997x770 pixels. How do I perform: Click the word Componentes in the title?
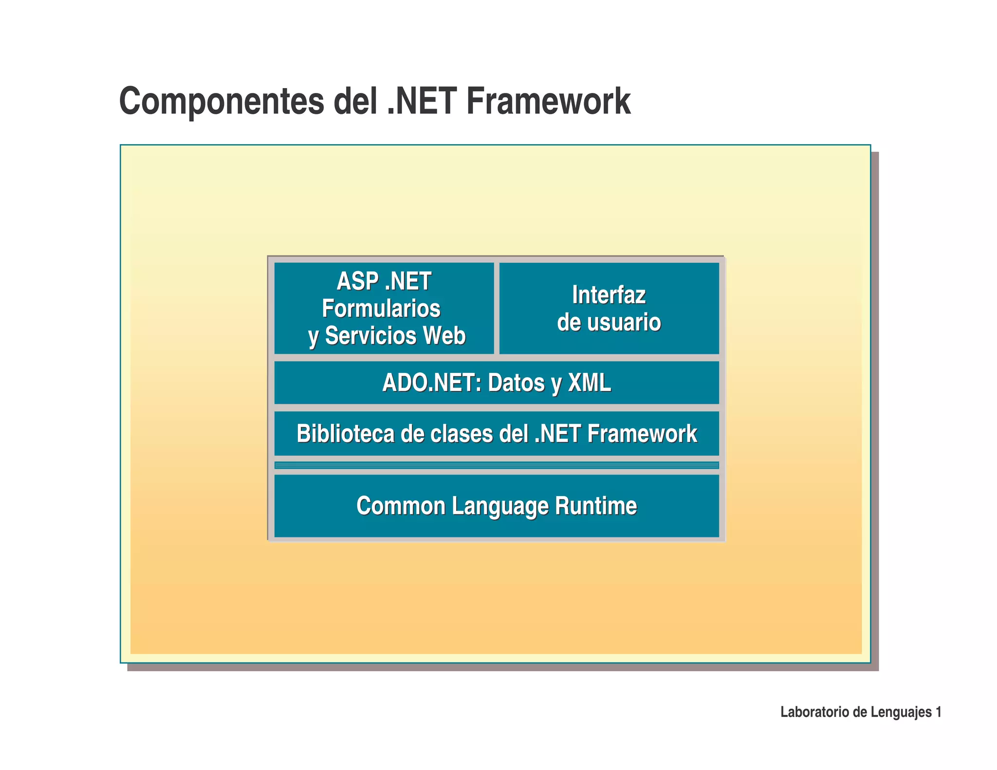click(x=222, y=101)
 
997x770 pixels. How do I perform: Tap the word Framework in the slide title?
click(x=548, y=101)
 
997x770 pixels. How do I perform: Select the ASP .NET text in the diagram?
click(x=384, y=281)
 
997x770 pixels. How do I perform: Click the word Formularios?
click(x=381, y=309)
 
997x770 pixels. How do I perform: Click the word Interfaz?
click(x=609, y=295)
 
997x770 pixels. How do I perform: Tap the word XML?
click(x=590, y=383)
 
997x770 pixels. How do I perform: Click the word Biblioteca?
click(x=345, y=434)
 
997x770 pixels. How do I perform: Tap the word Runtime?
click(x=596, y=506)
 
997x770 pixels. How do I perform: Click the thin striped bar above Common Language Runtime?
click(x=497, y=465)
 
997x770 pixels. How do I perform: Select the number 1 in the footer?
click(x=938, y=712)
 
